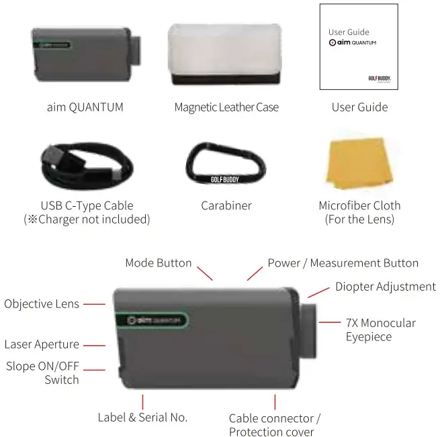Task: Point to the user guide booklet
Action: [359, 47]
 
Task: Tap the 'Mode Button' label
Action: [159, 263]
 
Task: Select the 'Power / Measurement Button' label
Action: [343, 263]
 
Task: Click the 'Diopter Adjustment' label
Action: [385, 287]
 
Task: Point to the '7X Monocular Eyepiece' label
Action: [380, 330]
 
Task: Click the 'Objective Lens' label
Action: [42, 304]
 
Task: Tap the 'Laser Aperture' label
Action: [42, 344]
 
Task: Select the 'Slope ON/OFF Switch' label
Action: [42, 373]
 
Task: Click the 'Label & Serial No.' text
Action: [142, 418]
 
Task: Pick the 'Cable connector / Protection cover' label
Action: [275, 425]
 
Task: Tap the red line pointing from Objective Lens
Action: [95, 304]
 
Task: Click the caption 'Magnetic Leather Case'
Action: [226, 107]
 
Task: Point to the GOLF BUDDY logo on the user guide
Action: [379, 79]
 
